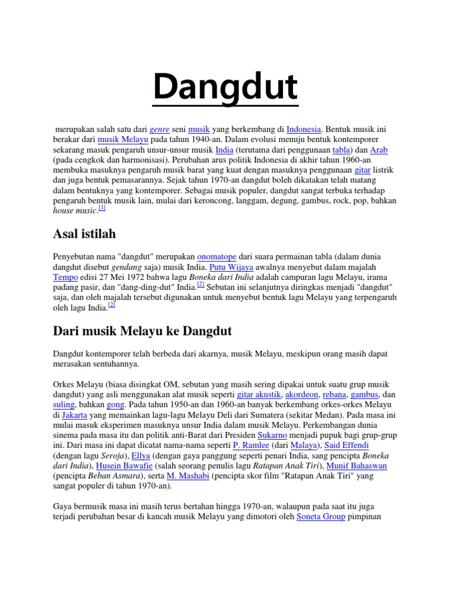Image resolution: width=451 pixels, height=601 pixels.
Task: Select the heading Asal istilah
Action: [85, 234]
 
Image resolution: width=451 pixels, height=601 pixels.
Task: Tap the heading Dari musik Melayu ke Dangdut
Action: [142, 331]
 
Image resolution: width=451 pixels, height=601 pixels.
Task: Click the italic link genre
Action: [160, 129]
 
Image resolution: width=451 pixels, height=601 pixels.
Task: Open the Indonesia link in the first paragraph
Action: [304, 129]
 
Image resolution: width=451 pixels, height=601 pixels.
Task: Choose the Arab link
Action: [379, 150]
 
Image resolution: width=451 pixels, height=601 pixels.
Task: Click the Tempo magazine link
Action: [65, 277]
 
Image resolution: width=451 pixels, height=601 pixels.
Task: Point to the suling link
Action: [64, 405]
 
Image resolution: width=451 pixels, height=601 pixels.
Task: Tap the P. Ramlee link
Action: [251, 445]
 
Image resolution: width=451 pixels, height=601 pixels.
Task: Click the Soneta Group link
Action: [321, 517]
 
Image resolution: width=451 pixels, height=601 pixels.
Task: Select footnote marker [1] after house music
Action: [102, 208]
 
